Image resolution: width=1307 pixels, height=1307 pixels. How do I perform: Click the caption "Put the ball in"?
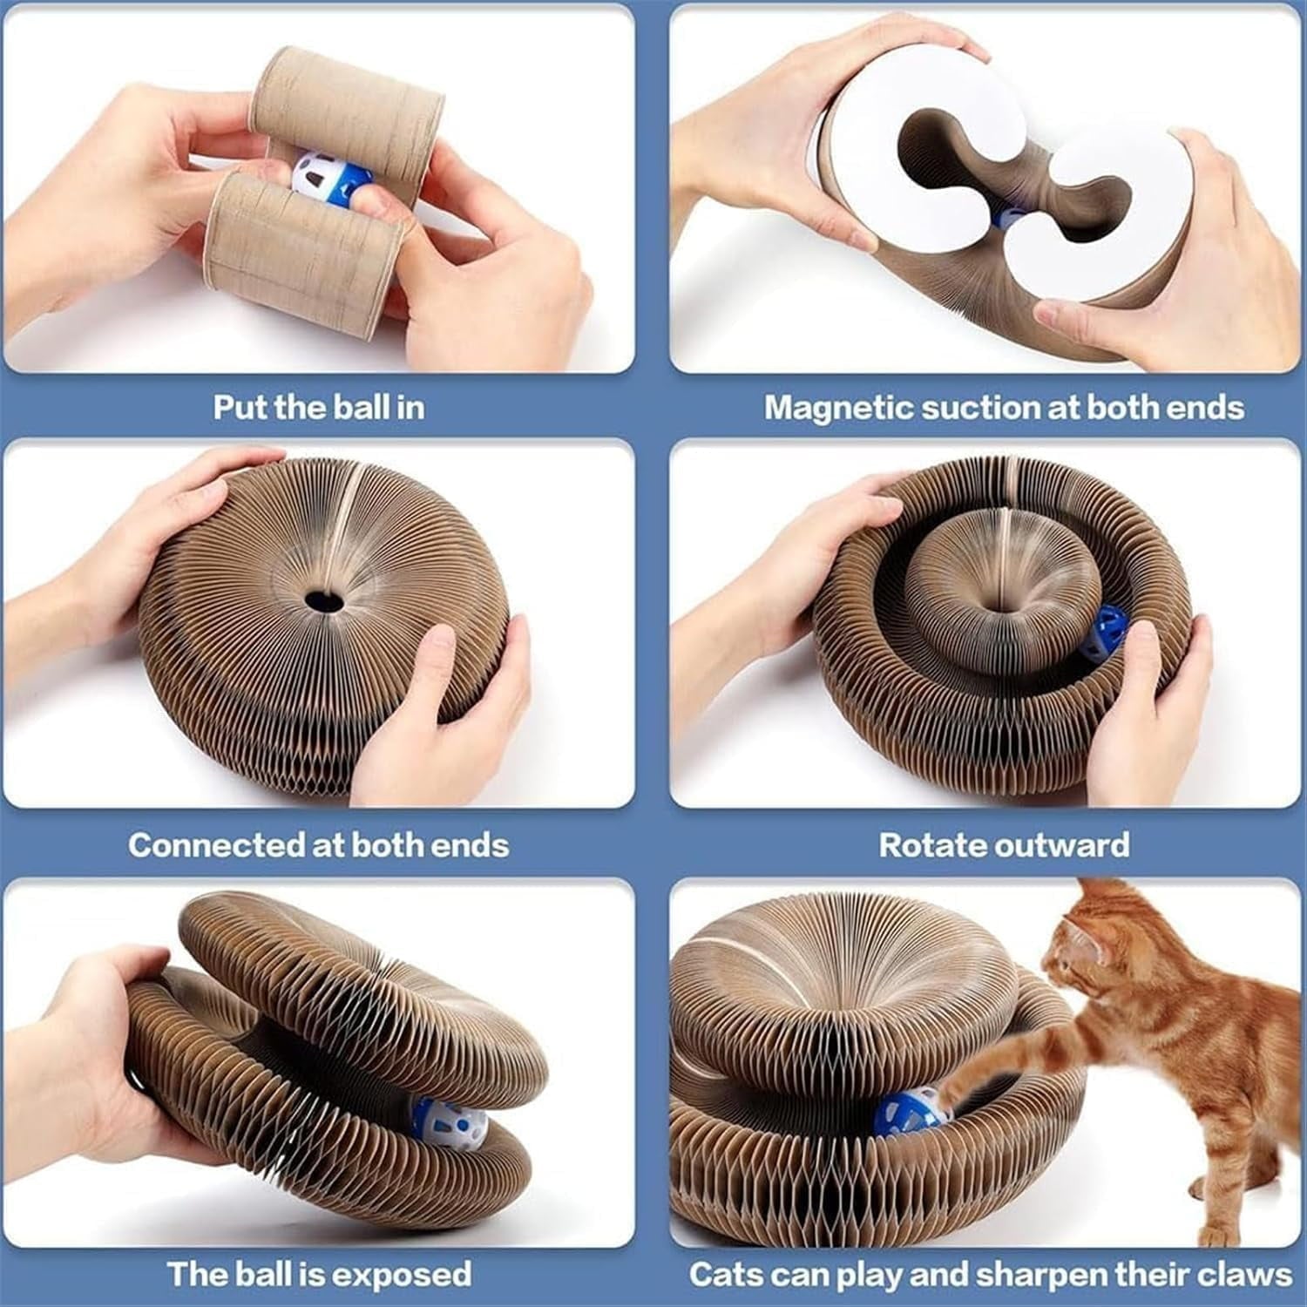319,408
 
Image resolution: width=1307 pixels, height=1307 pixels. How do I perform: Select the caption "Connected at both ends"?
319,845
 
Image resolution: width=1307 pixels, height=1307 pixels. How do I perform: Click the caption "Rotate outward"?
1004,845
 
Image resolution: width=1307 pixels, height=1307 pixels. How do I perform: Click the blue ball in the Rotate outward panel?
1104,633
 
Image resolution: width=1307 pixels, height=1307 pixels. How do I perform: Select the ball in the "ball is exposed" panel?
444,1124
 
